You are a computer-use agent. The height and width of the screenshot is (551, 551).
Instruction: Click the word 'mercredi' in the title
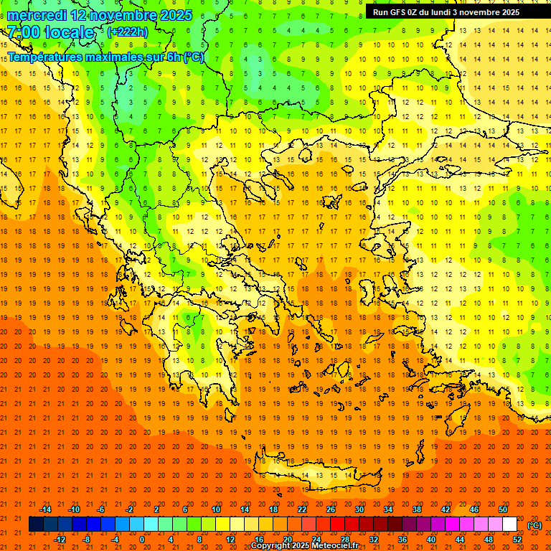(37, 15)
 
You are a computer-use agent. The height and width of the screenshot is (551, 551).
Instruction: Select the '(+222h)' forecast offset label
(128, 32)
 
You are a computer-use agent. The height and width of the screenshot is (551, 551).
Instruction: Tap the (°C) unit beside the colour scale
(534, 525)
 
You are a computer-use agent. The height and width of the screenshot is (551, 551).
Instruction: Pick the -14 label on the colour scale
(45, 509)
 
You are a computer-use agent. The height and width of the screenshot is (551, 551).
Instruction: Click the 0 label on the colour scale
(142, 540)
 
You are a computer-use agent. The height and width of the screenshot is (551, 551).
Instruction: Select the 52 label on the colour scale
(517, 540)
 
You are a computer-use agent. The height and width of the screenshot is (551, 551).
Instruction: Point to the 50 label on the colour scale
(503, 509)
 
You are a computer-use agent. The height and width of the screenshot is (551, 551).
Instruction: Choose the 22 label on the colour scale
(302, 509)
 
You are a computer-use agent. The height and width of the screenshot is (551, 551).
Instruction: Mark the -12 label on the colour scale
(60, 540)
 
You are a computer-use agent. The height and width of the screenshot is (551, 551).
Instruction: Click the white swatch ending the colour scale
(509, 524)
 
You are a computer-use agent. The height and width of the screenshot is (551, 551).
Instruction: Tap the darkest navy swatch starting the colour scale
(36, 524)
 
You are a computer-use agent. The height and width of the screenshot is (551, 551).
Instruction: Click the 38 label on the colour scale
(417, 509)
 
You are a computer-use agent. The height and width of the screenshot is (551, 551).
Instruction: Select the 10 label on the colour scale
(216, 509)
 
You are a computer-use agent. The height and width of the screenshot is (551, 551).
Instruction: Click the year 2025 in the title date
(171, 15)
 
